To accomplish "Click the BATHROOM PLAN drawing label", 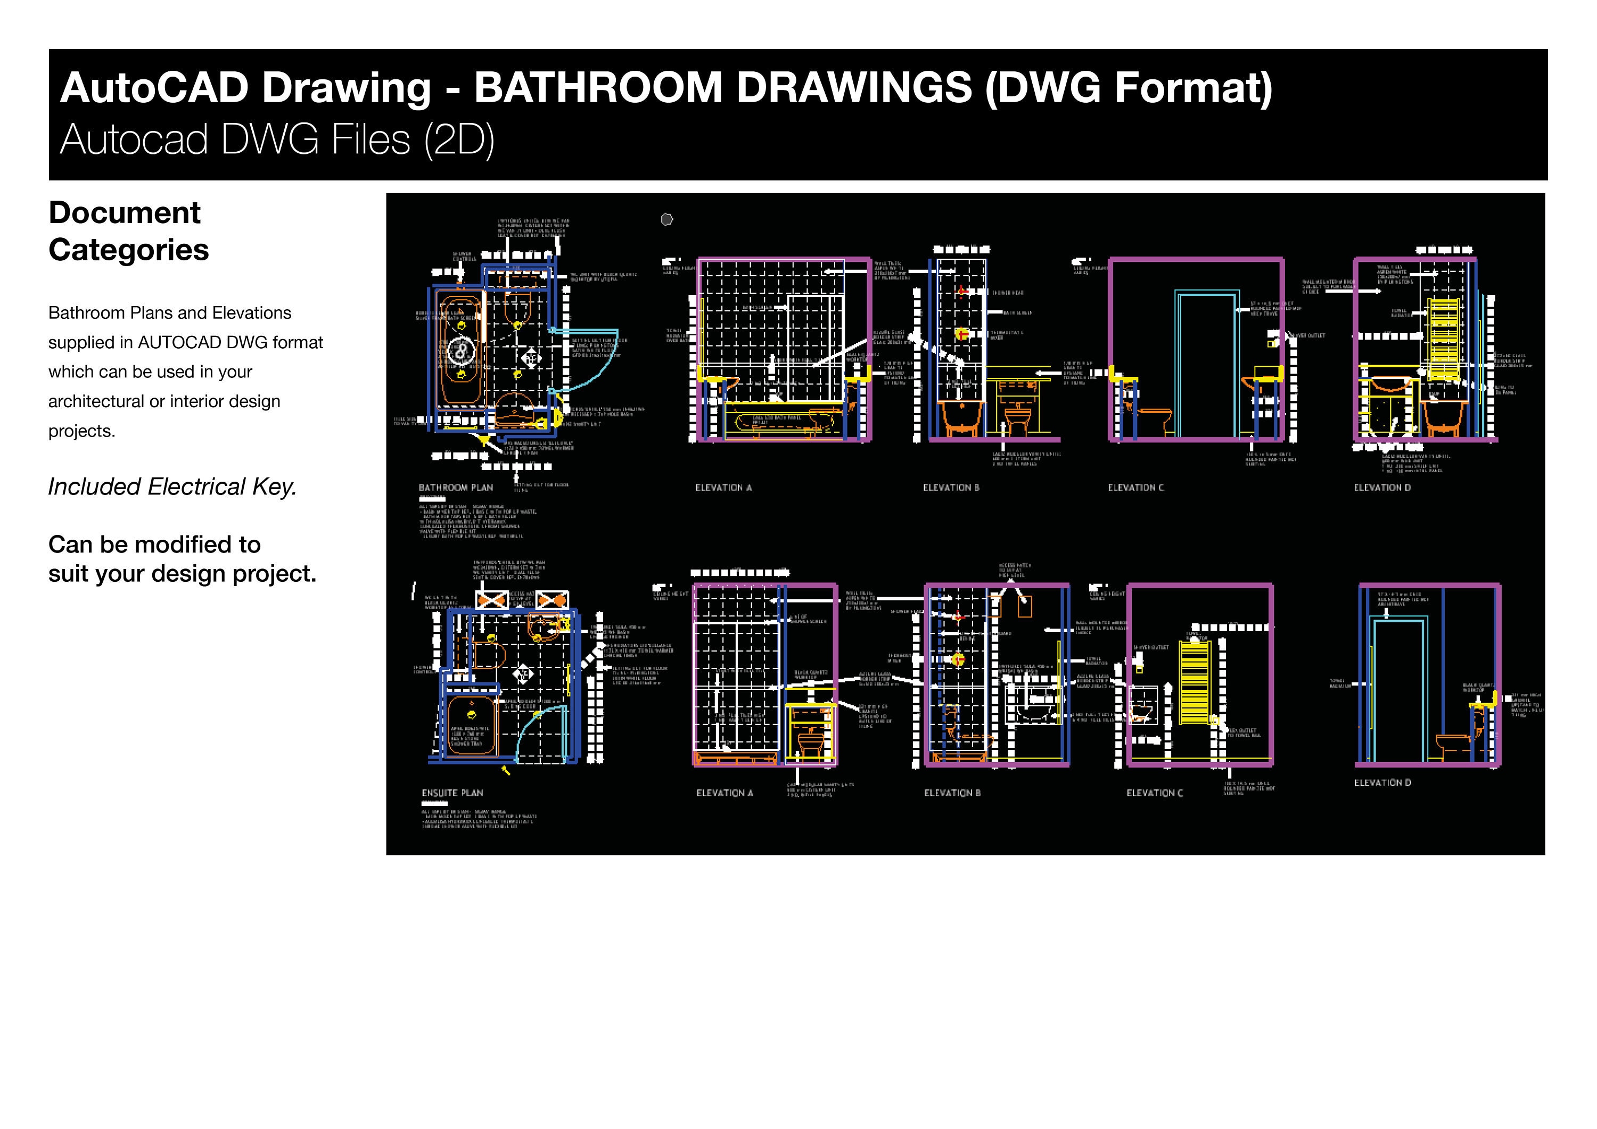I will pyautogui.click(x=456, y=488).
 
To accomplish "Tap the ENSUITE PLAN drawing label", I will pyautogui.click(x=452, y=793).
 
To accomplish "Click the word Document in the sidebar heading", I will pyautogui.click(x=125, y=213).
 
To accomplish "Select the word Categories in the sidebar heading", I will pyautogui.click(x=129, y=250).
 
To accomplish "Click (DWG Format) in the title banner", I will pyautogui.click(x=1128, y=88).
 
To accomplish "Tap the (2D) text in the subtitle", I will pyautogui.click(x=459, y=140).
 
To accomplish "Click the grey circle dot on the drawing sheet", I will pyautogui.click(x=666, y=220).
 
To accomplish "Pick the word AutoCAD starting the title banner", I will pyautogui.click(x=154, y=88).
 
